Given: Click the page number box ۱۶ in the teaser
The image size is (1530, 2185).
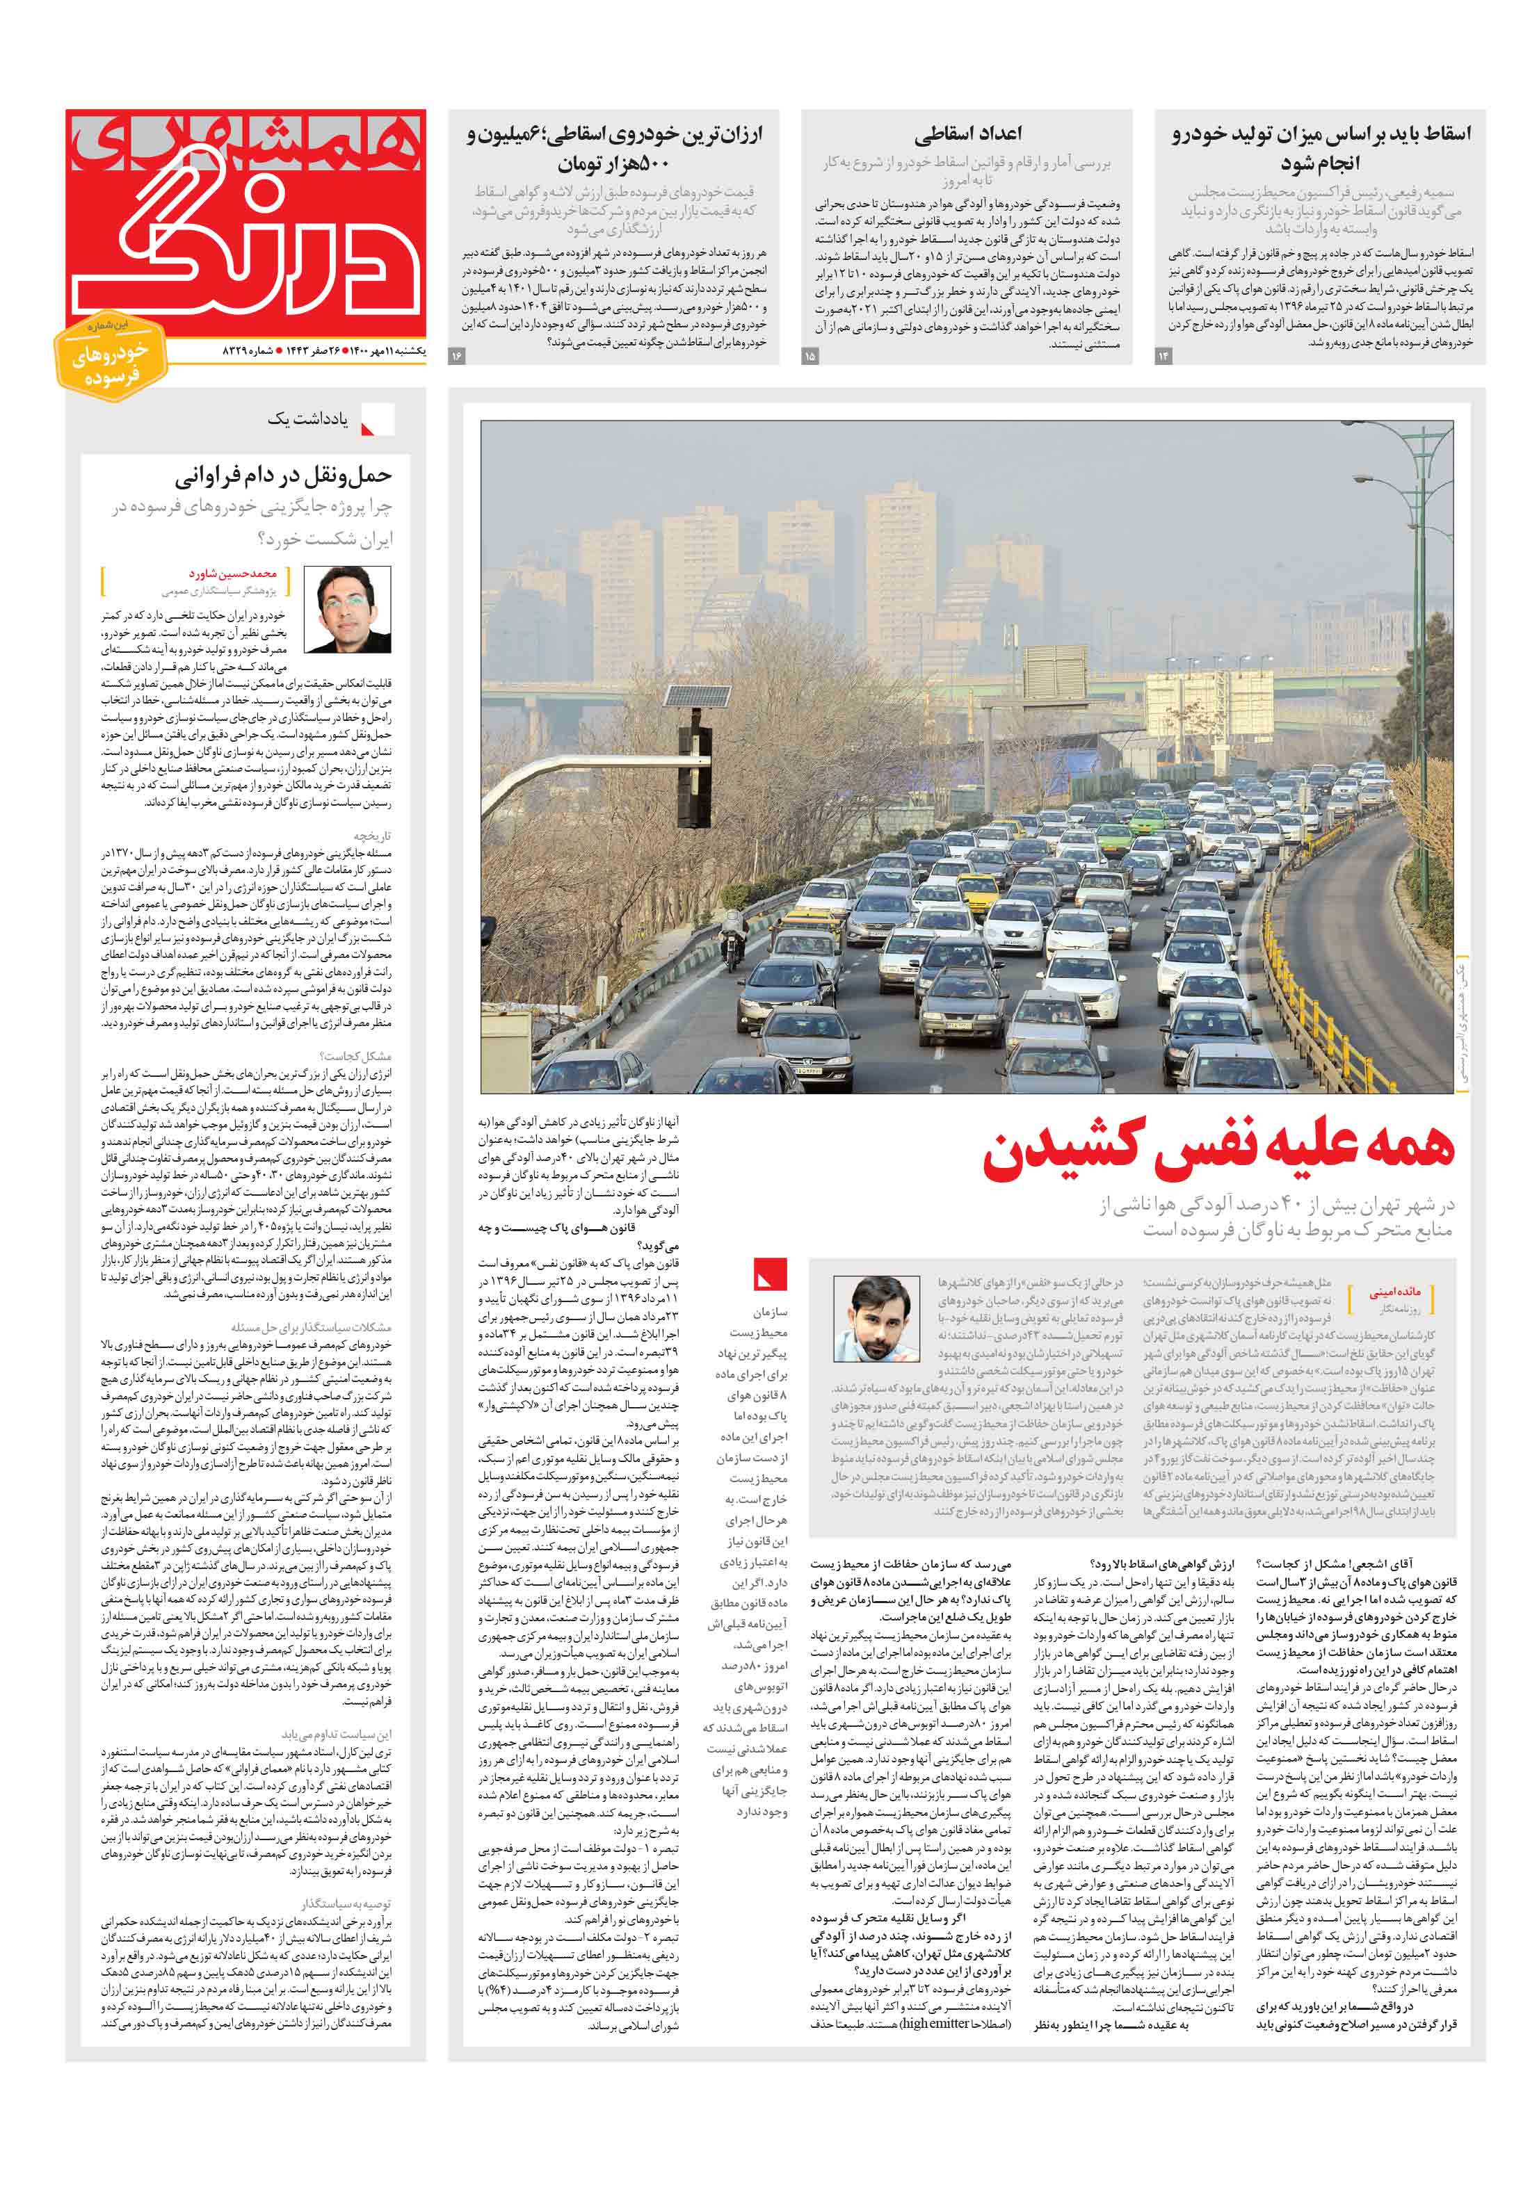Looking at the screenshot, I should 456,356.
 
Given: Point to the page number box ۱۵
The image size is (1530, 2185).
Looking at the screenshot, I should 810,356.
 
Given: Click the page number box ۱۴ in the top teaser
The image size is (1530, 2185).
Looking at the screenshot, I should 1163,356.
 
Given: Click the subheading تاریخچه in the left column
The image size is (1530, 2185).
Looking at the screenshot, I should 372,836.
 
